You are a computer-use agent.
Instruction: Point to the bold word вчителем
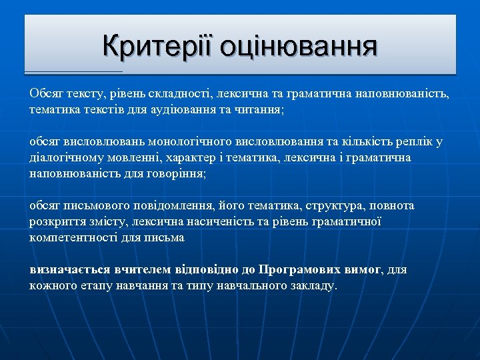coord(134,270)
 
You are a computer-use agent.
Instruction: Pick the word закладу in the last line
coord(314,285)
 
